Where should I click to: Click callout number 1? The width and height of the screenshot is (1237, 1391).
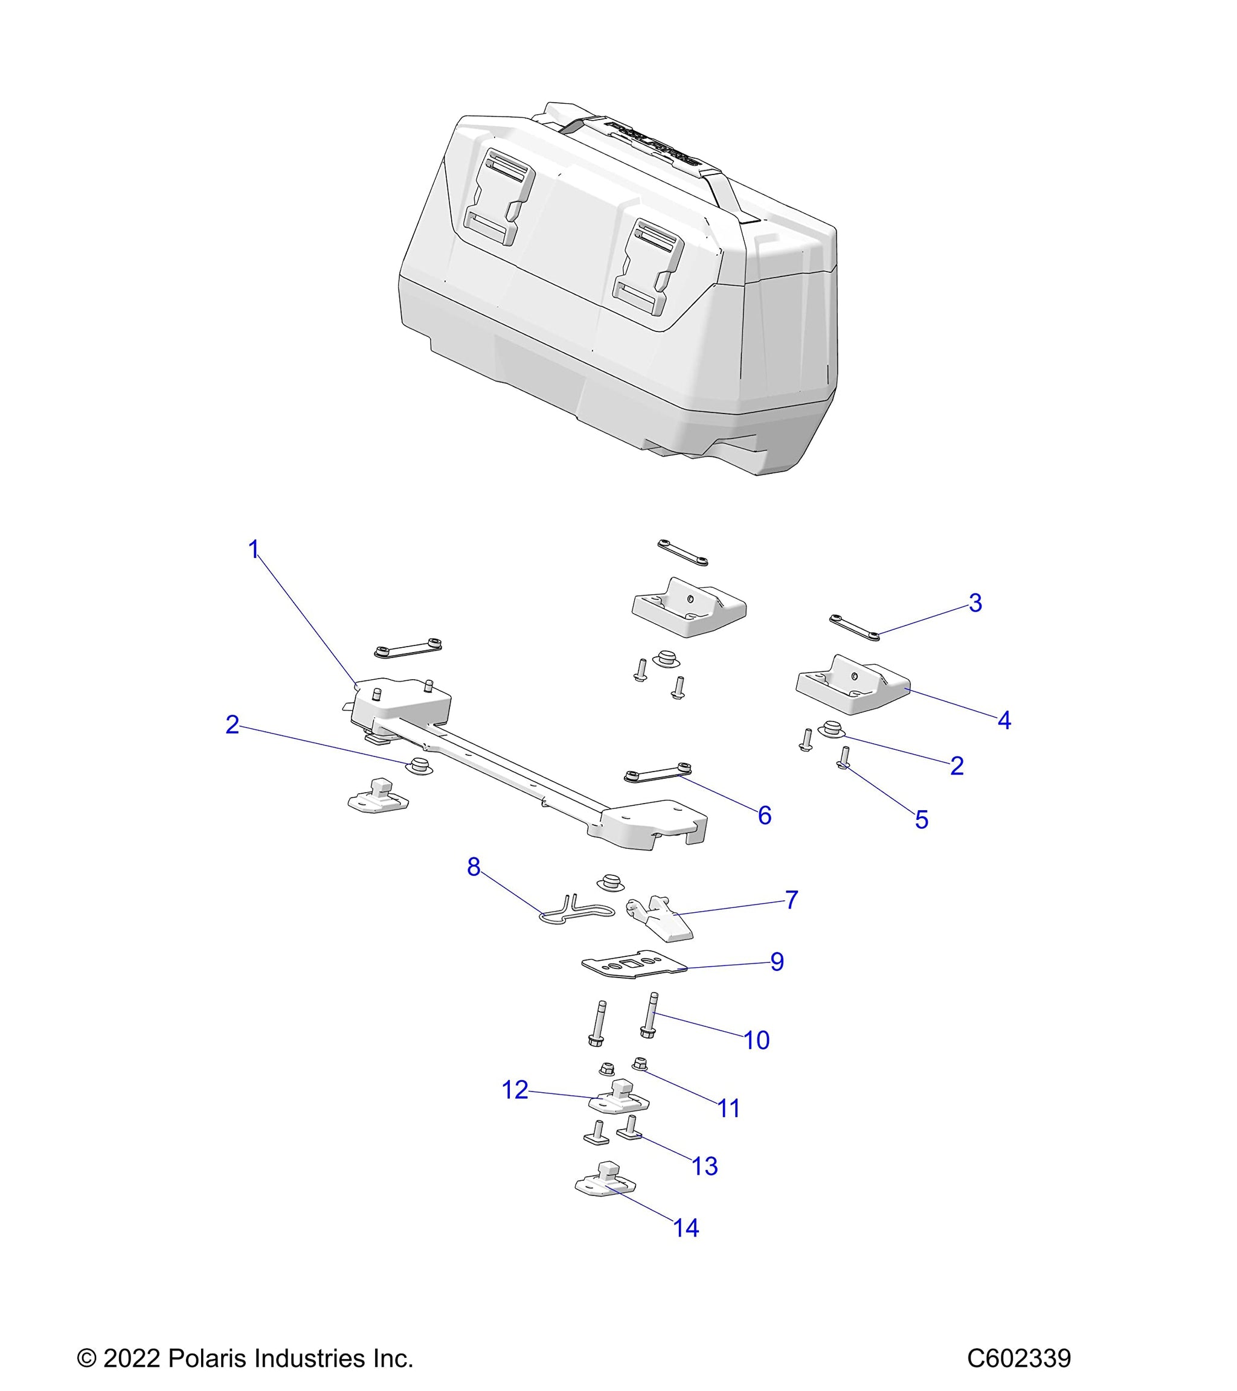coord(254,549)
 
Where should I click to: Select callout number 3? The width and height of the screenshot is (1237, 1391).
coord(975,603)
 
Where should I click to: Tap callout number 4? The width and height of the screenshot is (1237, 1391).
coord(1004,720)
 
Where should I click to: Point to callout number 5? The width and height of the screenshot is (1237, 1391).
coord(921,820)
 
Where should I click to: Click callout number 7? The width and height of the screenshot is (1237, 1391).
coord(791,900)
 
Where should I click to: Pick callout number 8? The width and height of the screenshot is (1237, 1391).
coord(474,867)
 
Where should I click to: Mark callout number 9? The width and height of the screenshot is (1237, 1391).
coord(777,962)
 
